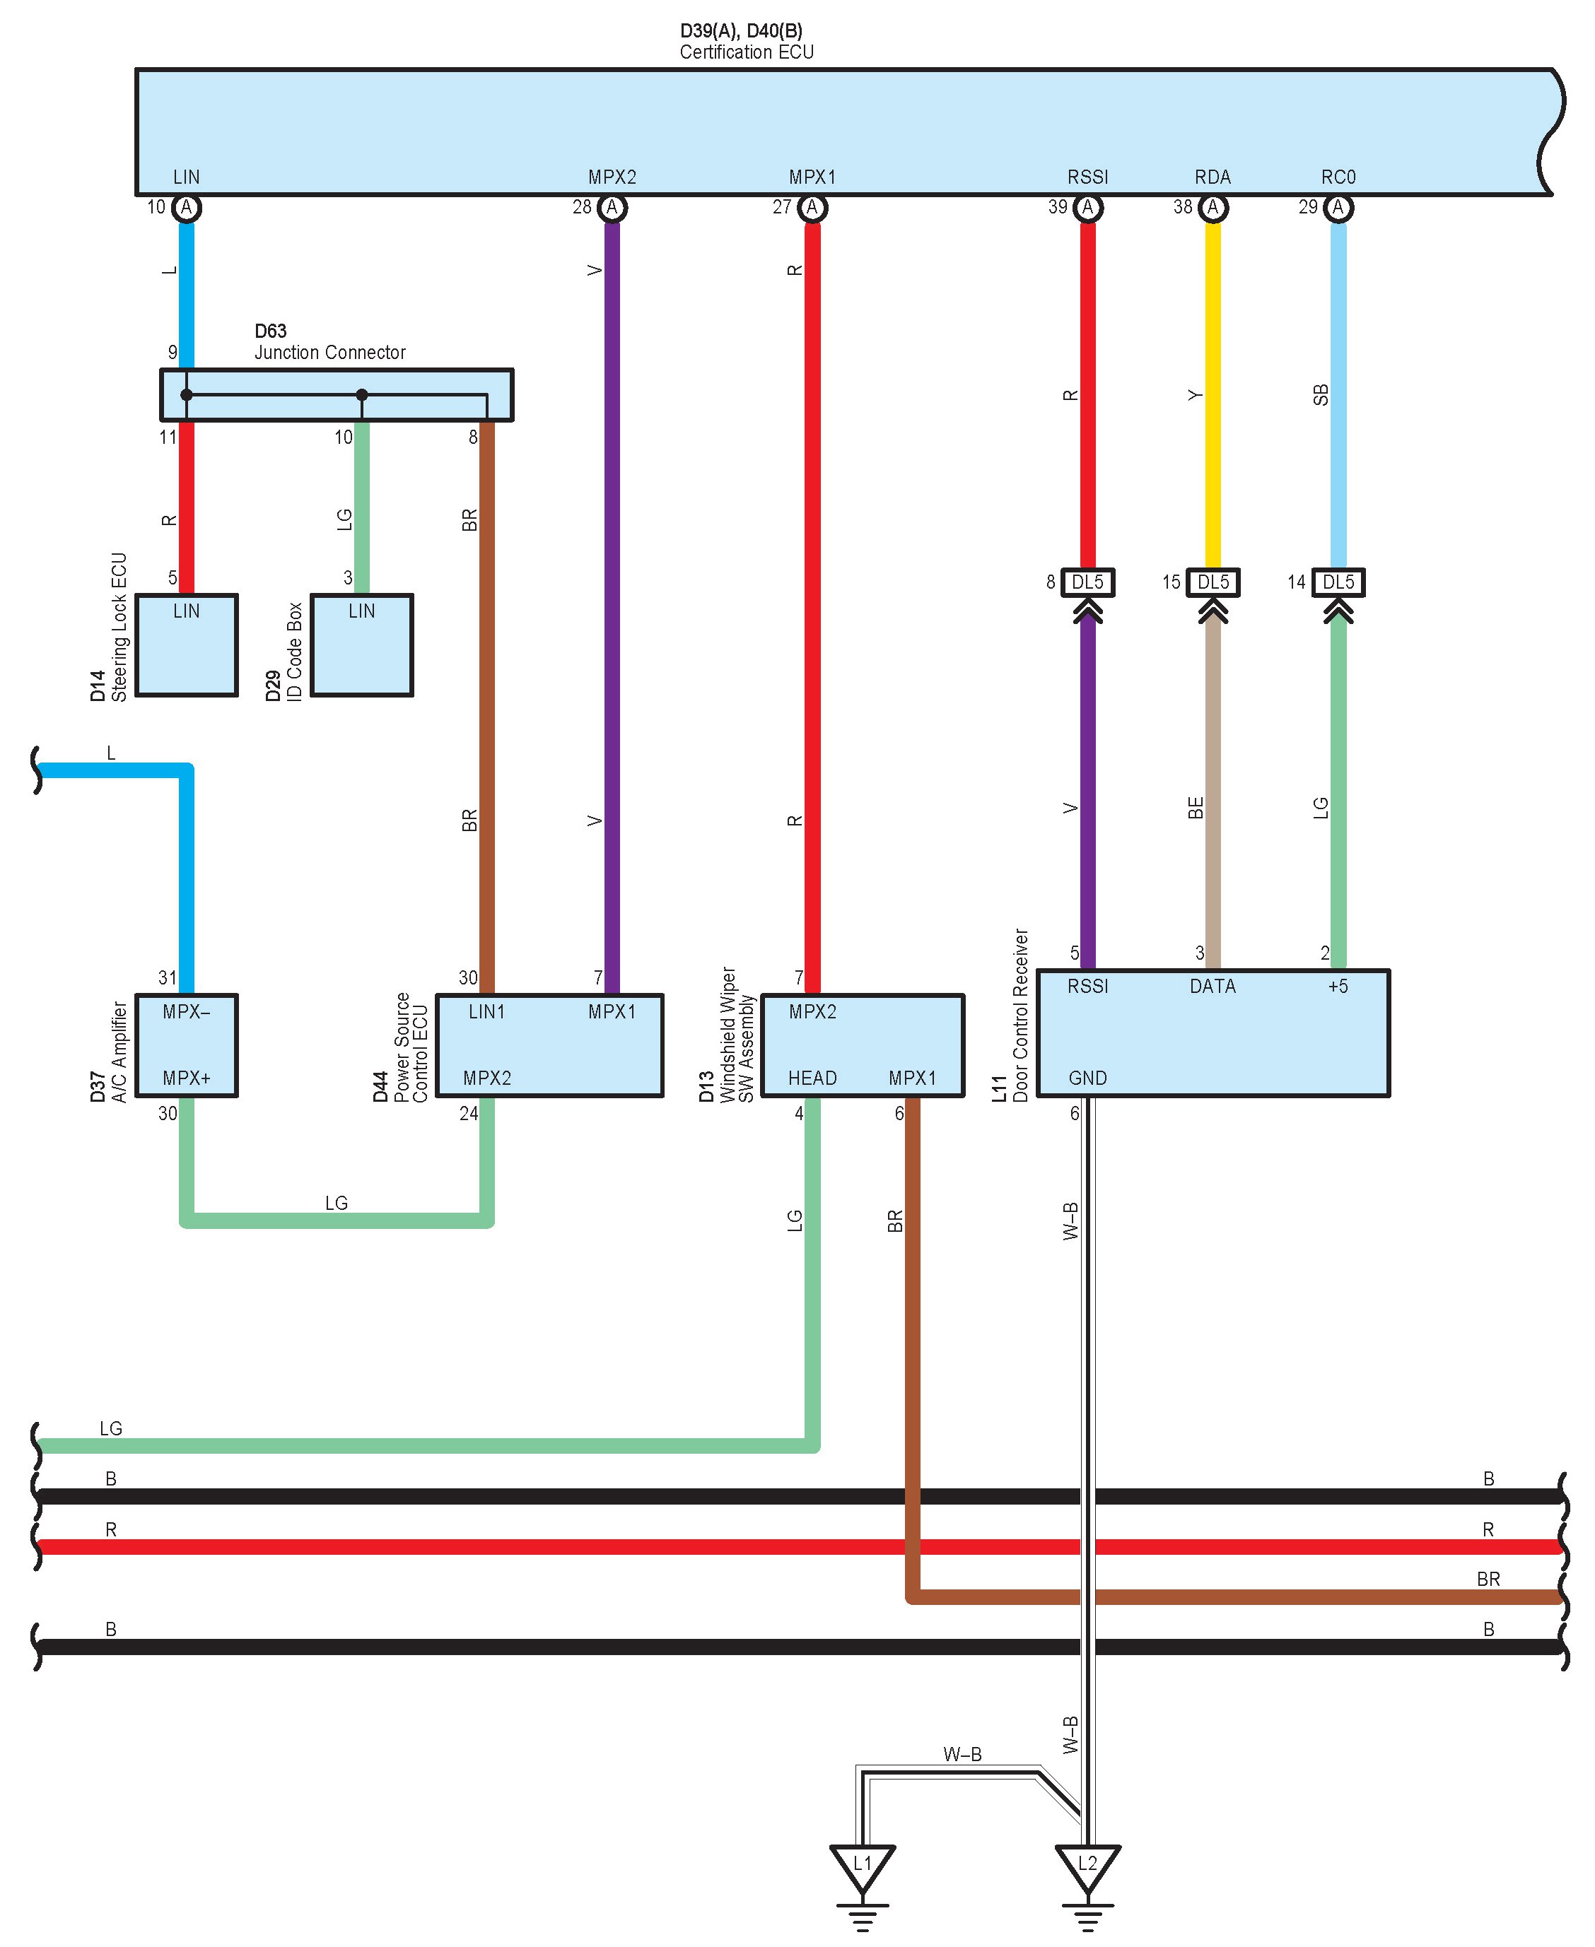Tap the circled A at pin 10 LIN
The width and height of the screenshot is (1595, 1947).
pos(187,208)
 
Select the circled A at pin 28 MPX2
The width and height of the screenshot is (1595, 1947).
pos(612,208)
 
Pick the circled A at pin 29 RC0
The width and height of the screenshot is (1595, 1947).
pos(1338,208)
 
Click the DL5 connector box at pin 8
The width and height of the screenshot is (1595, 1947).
pos(1088,582)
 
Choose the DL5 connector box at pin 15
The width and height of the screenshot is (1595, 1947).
pos(1213,582)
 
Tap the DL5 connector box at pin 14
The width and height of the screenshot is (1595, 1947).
pos(1338,582)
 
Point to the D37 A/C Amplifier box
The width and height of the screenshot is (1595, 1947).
pos(187,1045)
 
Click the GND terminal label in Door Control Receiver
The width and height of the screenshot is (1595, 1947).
pos(1088,1078)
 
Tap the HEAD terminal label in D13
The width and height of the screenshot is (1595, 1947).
pos(812,1078)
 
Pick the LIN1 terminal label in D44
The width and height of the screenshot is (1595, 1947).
pos(487,1012)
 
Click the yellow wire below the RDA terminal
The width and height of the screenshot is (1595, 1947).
pos(1213,395)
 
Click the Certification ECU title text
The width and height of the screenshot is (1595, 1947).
pos(746,52)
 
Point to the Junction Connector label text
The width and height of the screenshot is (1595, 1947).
pos(330,353)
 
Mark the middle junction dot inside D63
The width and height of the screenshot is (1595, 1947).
pos(362,395)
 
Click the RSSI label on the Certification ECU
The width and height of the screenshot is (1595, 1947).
pos(1088,177)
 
